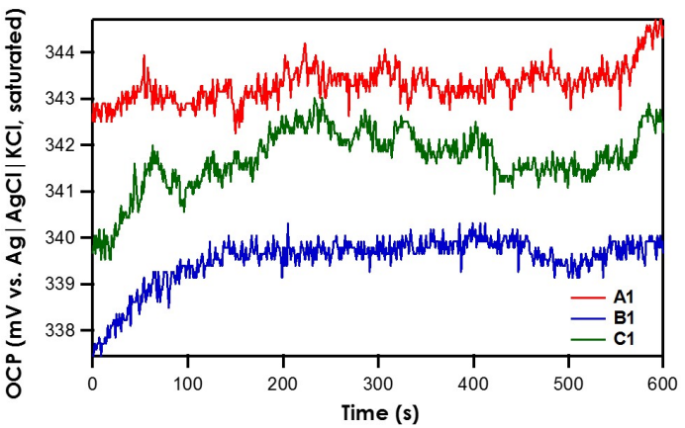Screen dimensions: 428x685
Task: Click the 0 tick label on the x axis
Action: pyautogui.click(x=92, y=382)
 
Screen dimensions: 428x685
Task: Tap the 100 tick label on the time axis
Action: pyautogui.click(x=187, y=382)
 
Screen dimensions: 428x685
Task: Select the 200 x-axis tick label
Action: pyautogui.click(x=282, y=382)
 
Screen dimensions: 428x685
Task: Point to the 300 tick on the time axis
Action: pyautogui.click(x=378, y=382)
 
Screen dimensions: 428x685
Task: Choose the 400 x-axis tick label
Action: pyautogui.click(x=473, y=382)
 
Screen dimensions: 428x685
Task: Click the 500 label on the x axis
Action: pyautogui.click(x=568, y=382)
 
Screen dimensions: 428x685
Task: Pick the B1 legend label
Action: pyautogui.click(x=625, y=318)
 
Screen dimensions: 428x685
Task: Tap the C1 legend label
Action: pyautogui.click(x=625, y=340)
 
